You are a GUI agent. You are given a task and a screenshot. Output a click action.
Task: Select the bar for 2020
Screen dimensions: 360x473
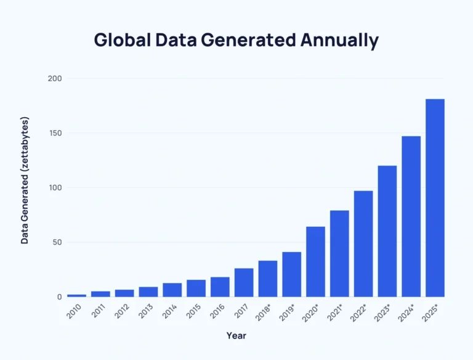click(315, 261)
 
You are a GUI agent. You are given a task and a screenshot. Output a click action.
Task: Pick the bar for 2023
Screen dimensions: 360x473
click(387, 231)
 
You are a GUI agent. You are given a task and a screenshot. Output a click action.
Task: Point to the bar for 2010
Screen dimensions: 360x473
click(76, 295)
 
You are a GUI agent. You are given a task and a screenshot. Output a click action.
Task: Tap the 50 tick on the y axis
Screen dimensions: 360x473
click(56, 242)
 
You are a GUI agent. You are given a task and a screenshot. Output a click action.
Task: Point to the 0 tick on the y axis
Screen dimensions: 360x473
click(59, 297)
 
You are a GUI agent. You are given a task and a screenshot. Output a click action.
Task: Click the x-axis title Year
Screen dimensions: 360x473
click(236, 336)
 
